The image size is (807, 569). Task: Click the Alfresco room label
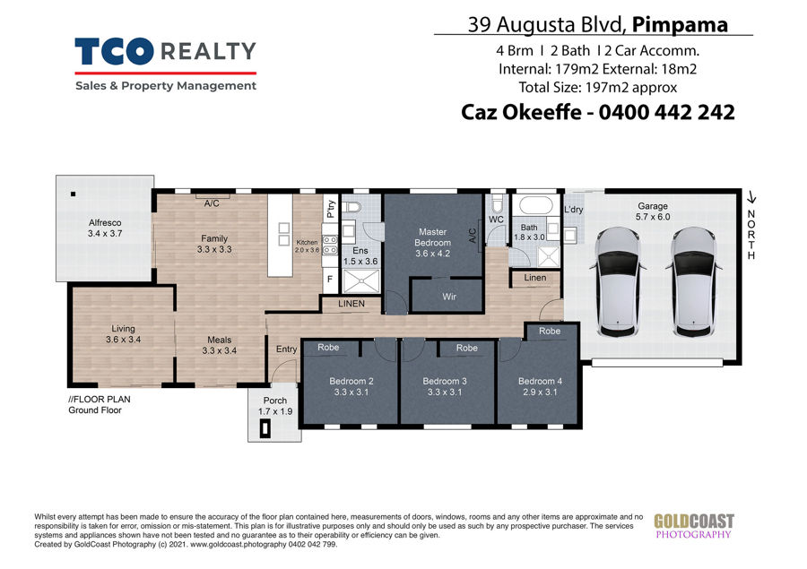[x=105, y=223]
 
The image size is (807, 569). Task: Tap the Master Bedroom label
[x=432, y=237]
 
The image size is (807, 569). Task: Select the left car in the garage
[x=618, y=282]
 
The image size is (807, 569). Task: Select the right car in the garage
[x=694, y=282]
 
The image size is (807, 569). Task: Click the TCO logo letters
[x=114, y=51]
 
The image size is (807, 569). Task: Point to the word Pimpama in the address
[x=680, y=24]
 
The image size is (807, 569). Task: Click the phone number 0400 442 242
[x=666, y=112]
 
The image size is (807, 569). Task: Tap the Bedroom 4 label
[x=540, y=381]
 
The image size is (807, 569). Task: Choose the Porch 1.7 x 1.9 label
[x=275, y=405]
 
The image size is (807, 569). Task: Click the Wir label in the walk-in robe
[x=449, y=297]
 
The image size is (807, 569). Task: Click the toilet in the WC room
[x=497, y=203]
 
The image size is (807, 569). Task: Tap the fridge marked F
[x=330, y=280]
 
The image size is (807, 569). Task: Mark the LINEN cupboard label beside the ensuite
[x=351, y=304]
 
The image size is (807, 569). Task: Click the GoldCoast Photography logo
[x=694, y=526]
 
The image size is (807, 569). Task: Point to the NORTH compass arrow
[x=752, y=197]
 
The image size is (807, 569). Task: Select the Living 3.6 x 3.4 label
[x=123, y=334]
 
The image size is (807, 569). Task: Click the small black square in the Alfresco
[x=74, y=194]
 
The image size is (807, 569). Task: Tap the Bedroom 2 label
[x=351, y=381]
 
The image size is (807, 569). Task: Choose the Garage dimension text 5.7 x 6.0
[x=653, y=217]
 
